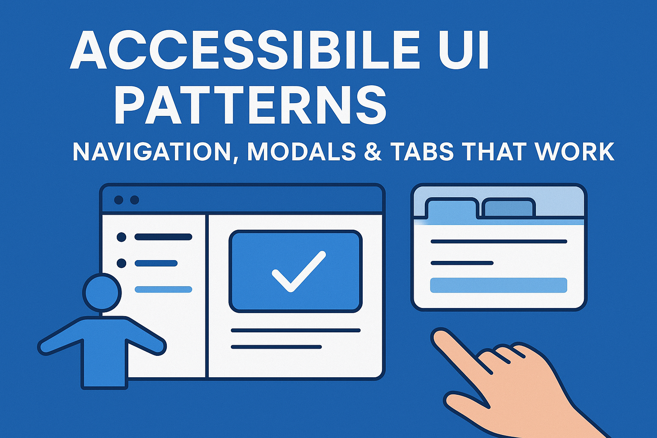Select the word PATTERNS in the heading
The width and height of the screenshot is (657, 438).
250,105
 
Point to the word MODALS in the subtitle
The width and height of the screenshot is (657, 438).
302,151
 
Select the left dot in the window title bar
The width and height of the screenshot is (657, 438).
119,200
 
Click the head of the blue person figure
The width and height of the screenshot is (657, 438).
102,293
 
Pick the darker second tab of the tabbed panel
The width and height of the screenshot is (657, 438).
508,208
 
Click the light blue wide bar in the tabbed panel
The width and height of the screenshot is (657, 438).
498,285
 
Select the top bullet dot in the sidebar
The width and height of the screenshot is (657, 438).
121,237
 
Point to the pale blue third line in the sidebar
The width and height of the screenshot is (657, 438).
163,290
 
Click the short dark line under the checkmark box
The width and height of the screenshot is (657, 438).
276,347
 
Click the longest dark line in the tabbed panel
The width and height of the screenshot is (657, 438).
498,242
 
